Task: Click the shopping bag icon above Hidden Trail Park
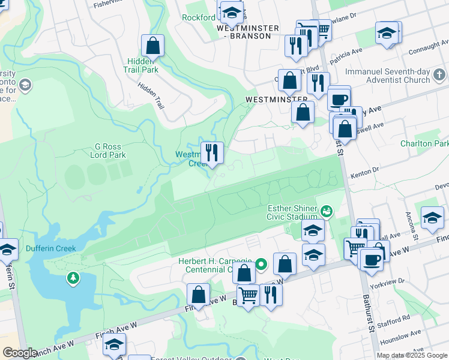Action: [x=153, y=45]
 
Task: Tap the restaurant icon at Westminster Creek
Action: [x=211, y=152]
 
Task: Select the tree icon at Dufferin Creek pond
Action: [x=73, y=277]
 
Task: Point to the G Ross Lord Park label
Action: [x=110, y=151]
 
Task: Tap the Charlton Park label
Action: [x=425, y=144]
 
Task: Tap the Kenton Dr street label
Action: [x=367, y=171]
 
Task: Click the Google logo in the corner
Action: [x=20, y=353]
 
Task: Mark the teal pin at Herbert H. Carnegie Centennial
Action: [x=261, y=263]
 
